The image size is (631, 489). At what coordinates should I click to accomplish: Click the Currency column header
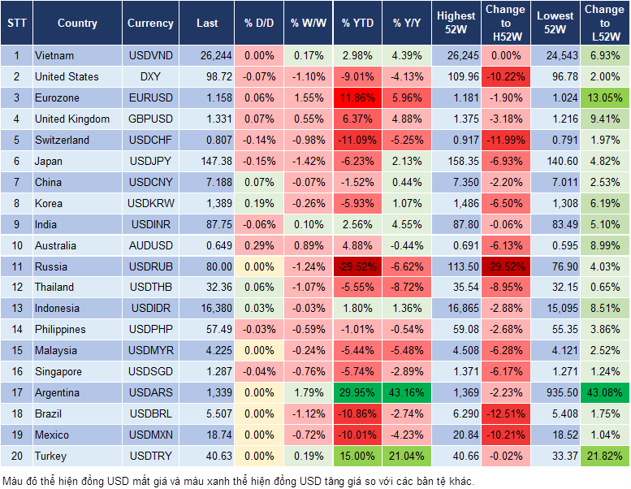pos(150,24)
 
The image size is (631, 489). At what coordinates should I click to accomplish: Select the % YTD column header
pos(357,24)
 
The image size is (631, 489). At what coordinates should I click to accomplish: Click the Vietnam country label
pos(54,55)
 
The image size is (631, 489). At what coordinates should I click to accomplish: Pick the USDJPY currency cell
pos(150,161)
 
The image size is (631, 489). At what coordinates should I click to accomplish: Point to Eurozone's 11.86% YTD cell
pos(357,97)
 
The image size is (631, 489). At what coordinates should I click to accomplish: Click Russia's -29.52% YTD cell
pos(357,266)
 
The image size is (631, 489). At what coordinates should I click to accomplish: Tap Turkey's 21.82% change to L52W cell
pos(605,456)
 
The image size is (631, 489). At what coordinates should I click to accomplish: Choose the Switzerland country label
pos(63,140)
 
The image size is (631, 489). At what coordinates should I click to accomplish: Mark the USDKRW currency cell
pos(150,203)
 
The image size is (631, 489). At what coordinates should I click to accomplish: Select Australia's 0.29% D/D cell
pos(259,245)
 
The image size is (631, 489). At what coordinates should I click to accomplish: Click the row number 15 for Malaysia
pos(16,350)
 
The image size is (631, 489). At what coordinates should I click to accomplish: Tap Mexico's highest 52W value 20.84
pos(456,435)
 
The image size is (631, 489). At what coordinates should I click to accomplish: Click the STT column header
pos(16,24)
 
